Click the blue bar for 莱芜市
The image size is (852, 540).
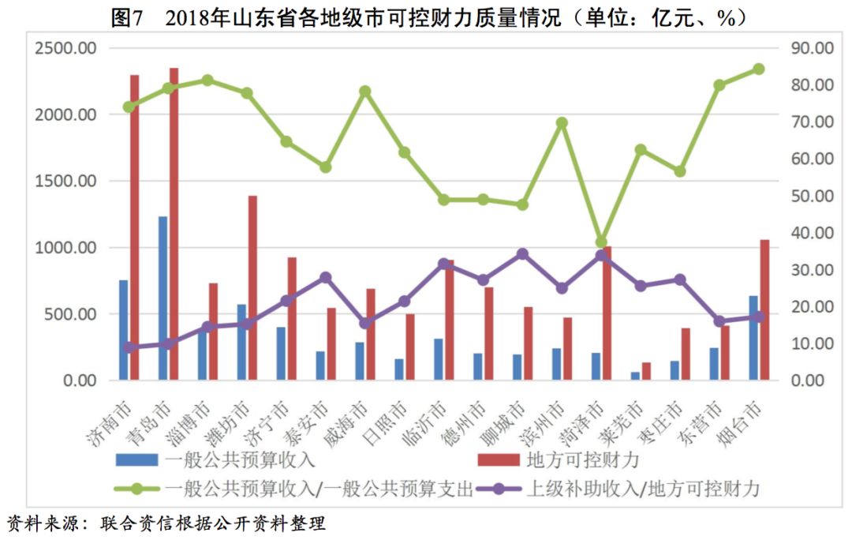click(x=635, y=377)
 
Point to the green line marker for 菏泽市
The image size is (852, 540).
click(x=602, y=242)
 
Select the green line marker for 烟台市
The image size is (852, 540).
click(x=759, y=69)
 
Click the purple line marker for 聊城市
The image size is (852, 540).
click(x=522, y=254)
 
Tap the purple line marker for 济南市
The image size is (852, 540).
click(x=129, y=347)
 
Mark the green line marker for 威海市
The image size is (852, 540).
click(x=365, y=91)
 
